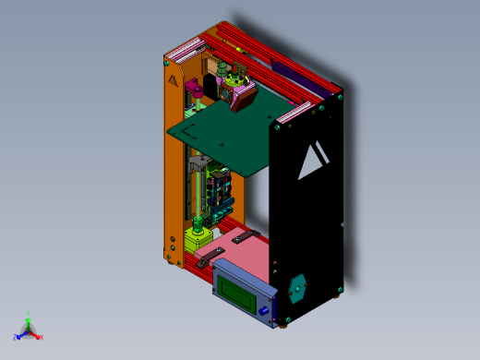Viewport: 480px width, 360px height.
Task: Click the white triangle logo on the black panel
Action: point(311,162)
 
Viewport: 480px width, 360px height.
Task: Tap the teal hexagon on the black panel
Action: point(297,289)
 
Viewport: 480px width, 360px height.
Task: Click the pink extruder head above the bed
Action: point(242,93)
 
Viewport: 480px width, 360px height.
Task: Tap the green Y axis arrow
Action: point(29,317)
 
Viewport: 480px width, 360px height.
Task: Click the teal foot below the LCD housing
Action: point(265,318)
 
